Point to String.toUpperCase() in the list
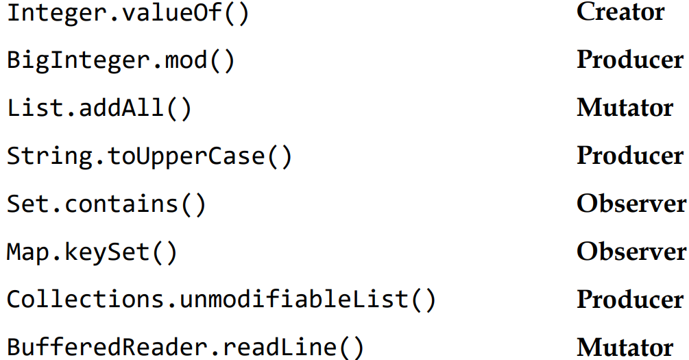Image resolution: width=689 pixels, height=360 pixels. pyautogui.click(x=149, y=157)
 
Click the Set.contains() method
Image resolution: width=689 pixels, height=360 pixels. pyautogui.click(x=106, y=205)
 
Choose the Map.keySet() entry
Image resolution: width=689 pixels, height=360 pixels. pyautogui.click(x=92, y=253)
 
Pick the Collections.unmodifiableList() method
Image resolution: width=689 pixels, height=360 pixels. pyautogui.click(x=221, y=301)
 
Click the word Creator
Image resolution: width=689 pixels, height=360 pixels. pyautogui.click(x=620, y=12)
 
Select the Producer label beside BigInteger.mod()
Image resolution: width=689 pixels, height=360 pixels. pyautogui.click(x=629, y=60)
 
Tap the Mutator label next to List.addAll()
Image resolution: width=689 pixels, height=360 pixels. pyautogui.click(x=625, y=108)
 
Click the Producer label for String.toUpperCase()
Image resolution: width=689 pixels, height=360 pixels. pyautogui.click(x=629, y=156)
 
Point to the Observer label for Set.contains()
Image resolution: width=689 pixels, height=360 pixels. pyautogui.click(x=631, y=204)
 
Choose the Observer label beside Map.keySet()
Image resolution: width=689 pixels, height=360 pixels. pyautogui.click(x=631, y=252)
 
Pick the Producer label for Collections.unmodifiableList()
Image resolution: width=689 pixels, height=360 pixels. pyautogui.click(x=629, y=300)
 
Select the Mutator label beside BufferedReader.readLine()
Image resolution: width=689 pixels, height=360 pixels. pyautogui.click(x=625, y=348)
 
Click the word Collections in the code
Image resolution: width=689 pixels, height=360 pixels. pyautogui.click(x=84, y=301)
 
